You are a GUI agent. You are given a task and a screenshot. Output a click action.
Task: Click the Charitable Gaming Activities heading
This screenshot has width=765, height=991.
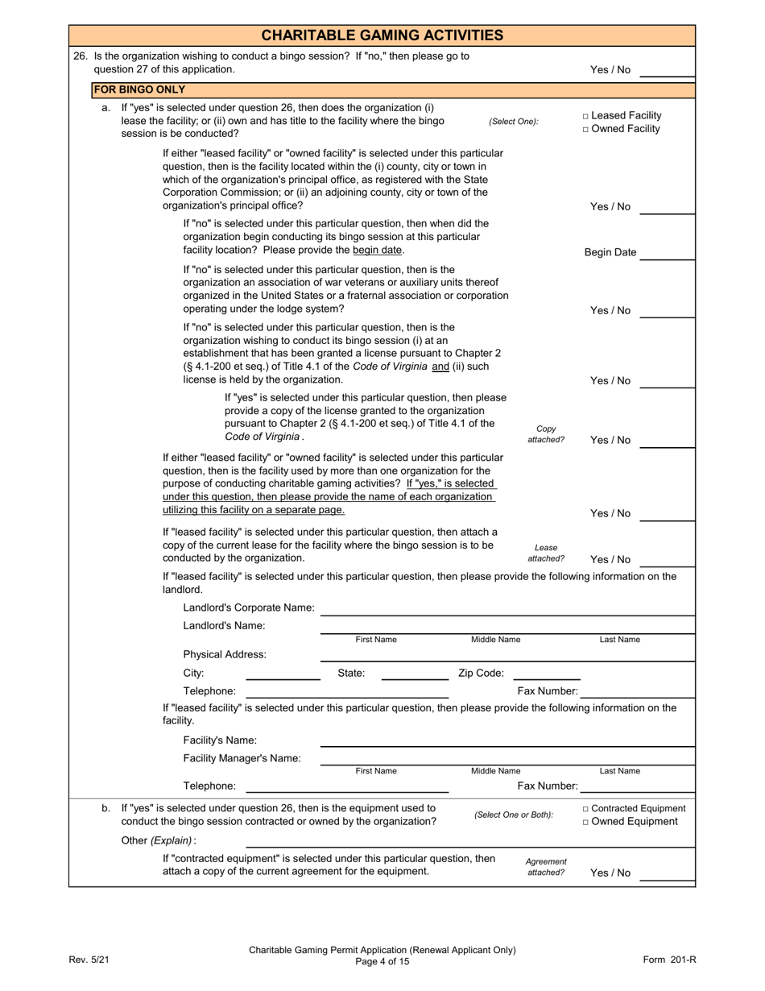(382, 35)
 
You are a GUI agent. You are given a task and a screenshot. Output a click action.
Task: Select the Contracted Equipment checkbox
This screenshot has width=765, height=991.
(585, 809)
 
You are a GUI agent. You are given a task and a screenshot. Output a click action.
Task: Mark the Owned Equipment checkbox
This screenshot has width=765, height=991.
(585, 823)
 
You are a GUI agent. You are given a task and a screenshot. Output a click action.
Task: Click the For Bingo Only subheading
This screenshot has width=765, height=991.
(139, 89)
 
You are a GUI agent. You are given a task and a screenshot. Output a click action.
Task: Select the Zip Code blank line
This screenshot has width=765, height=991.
(546, 675)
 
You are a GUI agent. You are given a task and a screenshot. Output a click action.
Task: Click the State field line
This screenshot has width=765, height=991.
(414, 675)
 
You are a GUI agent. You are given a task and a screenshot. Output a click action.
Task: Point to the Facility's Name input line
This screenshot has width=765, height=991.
(507, 742)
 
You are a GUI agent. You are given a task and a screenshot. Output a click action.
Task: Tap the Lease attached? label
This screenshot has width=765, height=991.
(546, 554)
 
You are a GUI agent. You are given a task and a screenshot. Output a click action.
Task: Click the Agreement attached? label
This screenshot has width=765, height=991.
(546, 867)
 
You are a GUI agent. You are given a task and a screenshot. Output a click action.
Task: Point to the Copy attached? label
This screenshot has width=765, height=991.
(546, 434)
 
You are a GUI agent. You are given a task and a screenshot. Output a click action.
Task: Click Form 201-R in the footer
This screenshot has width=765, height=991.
(669, 959)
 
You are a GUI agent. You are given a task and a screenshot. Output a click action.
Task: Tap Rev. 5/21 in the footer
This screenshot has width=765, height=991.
(89, 959)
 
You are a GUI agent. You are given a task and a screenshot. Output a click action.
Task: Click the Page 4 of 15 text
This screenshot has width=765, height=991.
(382, 961)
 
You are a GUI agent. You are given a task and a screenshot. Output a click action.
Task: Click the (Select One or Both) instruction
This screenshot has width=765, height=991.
(514, 815)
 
